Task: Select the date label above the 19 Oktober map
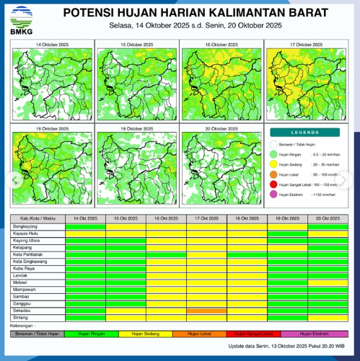pos(137,128)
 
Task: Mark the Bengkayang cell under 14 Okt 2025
pos(85,226)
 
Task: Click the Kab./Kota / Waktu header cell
pos(36,218)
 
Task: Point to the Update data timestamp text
pos(288,347)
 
